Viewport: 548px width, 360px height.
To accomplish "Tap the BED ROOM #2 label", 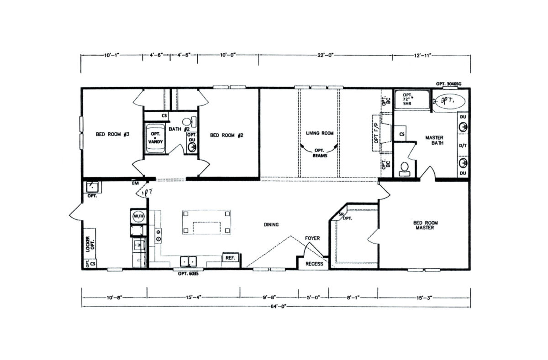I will [x=225, y=135].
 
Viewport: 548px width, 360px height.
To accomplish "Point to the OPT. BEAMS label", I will [x=319, y=152].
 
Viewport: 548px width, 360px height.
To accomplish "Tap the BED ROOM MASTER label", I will [x=426, y=225].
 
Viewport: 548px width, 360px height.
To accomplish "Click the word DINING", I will [x=271, y=224].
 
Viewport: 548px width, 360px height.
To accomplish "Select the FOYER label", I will [x=313, y=238].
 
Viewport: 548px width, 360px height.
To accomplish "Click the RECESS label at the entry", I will [x=314, y=264].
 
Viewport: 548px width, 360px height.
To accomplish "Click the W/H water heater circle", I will [x=137, y=215].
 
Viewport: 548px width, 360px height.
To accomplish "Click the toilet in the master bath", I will [x=404, y=169].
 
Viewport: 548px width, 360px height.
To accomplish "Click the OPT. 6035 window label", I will [x=189, y=275].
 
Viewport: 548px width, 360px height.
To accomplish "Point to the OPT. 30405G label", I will [x=449, y=83].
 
